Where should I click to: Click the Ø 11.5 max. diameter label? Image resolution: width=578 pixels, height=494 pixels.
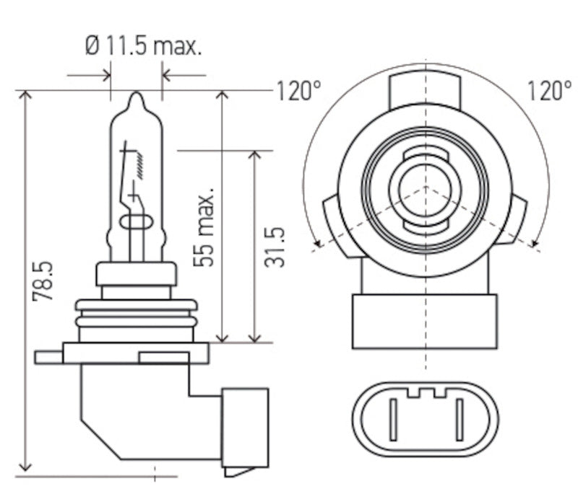pyautogui.click(x=143, y=48)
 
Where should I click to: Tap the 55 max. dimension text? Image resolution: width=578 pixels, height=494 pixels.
pyautogui.click(x=207, y=229)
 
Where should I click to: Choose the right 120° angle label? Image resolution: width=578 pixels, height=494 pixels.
pyautogui.click(x=548, y=91)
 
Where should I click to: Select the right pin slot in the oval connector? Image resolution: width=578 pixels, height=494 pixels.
pyautogui.click(x=458, y=420)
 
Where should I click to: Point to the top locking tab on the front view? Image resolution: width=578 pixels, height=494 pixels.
pyautogui.click(x=426, y=90)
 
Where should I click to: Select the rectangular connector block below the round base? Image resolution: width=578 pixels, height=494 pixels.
pyautogui.click(x=425, y=321)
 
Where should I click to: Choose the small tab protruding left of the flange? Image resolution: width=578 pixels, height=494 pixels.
pyautogui.click(x=48, y=357)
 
